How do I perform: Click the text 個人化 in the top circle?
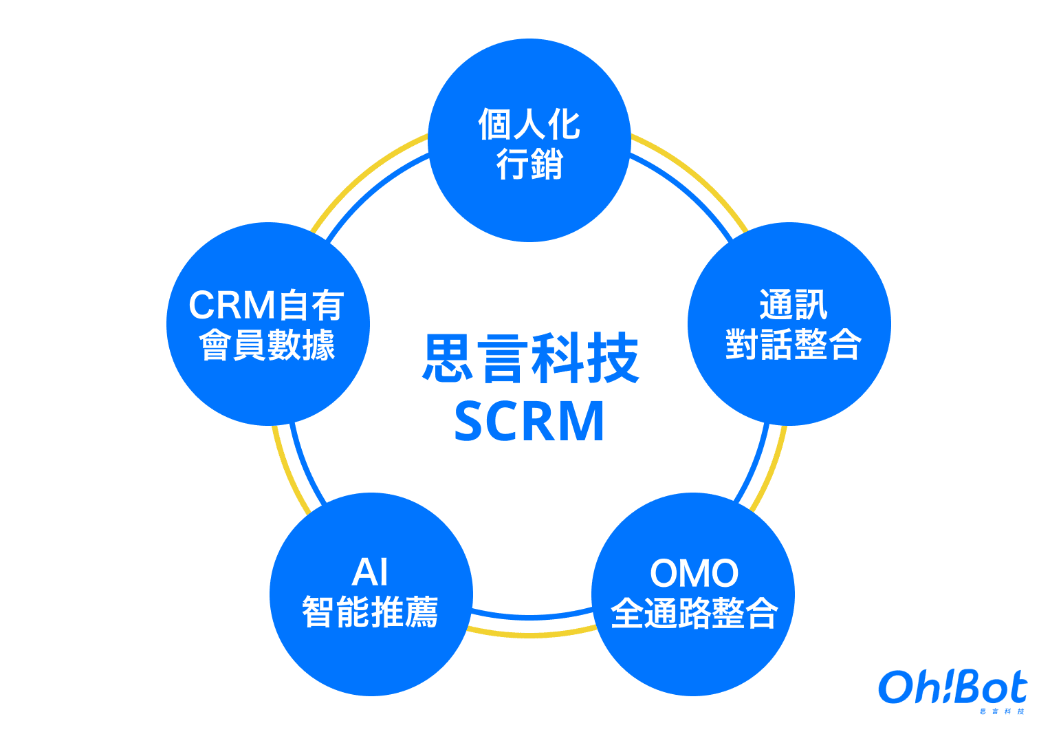click(x=529, y=125)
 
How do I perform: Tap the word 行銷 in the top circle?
click(x=529, y=164)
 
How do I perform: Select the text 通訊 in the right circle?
click(x=793, y=304)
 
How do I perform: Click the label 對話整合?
click(x=793, y=344)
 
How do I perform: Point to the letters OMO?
click(x=694, y=573)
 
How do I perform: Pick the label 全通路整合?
click(x=694, y=612)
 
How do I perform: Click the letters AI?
click(x=371, y=572)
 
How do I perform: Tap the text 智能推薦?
click(x=371, y=612)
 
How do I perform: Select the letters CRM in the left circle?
click(x=232, y=305)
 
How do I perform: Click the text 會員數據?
click(x=267, y=345)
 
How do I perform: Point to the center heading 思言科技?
click(x=530, y=358)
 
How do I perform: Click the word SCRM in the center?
click(x=529, y=421)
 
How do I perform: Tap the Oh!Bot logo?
click(x=952, y=687)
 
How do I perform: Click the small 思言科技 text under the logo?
click(x=1003, y=711)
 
